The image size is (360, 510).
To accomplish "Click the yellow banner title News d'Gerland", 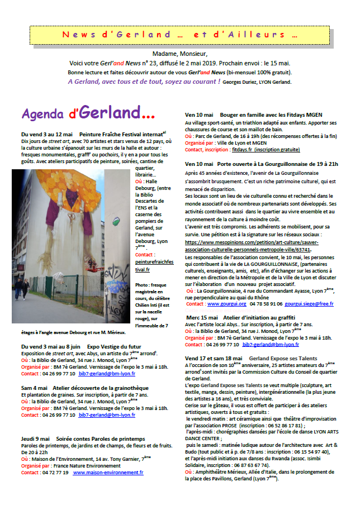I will [179, 34].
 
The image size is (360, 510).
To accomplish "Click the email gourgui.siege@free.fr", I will [309, 304].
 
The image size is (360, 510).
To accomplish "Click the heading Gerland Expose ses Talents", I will [290, 358].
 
